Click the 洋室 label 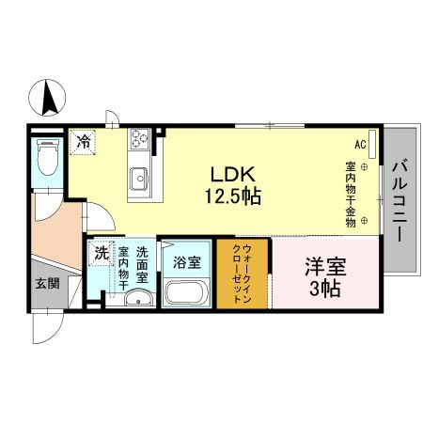coord(324,266)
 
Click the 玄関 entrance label coord(47,283)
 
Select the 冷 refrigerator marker coord(84,143)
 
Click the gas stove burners coord(140,140)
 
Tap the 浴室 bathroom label coord(187,261)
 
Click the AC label coord(360,145)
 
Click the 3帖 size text coord(324,287)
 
